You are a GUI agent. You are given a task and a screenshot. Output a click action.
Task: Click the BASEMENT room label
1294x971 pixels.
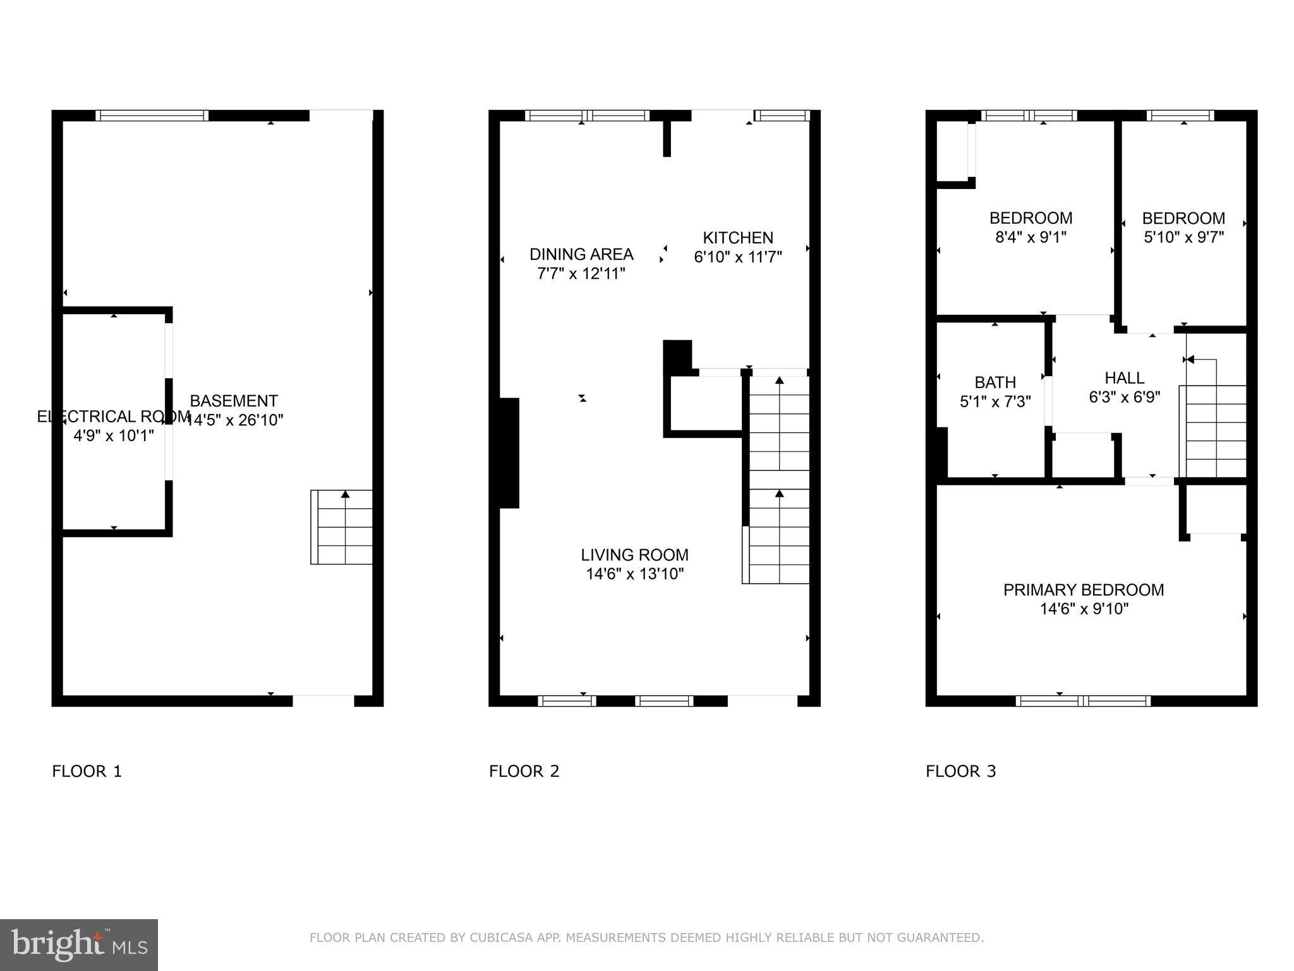tap(234, 401)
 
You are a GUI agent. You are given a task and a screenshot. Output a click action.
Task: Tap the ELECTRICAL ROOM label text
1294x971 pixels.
tap(114, 417)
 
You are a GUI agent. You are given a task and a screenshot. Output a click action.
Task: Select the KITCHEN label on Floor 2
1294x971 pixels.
tap(738, 238)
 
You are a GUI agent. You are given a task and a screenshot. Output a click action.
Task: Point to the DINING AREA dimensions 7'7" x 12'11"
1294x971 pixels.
tap(581, 274)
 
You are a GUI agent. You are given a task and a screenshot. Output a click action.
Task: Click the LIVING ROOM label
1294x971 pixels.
tap(634, 555)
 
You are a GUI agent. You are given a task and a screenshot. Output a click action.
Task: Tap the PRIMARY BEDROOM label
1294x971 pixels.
tap(1084, 590)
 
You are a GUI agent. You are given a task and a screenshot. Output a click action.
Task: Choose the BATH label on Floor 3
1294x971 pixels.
tap(995, 382)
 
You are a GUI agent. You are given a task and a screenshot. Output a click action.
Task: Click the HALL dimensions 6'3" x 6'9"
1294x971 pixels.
tap(1125, 398)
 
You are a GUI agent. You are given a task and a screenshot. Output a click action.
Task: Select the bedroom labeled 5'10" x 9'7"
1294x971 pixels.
tap(1183, 228)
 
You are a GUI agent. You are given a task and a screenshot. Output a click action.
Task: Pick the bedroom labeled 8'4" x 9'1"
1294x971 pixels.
tap(1031, 228)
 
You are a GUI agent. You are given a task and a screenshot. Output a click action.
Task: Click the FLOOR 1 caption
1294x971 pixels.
tap(87, 771)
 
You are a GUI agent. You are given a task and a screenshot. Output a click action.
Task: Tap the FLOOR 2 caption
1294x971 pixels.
tap(524, 771)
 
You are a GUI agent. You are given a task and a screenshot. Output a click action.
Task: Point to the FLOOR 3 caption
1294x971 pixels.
tap(960, 771)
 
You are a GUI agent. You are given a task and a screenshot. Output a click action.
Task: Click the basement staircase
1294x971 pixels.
tap(342, 527)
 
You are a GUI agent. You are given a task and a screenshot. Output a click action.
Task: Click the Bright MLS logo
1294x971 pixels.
tap(78, 944)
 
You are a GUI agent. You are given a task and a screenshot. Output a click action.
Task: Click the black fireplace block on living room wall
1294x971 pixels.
tap(509, 453)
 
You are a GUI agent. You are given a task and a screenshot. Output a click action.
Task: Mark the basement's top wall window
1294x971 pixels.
tap(152, 116)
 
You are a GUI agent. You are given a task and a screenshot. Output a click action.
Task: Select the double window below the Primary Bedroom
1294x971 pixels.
tap(1083, 700)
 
